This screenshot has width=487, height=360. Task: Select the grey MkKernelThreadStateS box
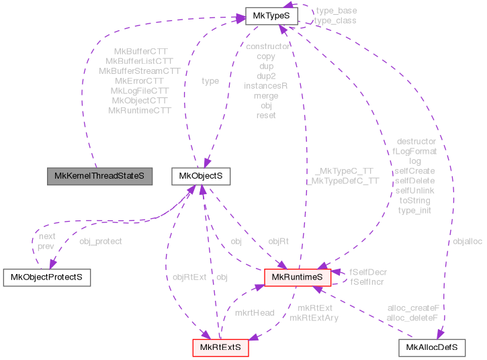point(99,177)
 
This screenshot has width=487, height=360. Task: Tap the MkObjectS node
point(202,177)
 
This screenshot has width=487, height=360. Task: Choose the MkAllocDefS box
point(432,347)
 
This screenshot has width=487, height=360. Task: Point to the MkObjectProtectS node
point(47,277)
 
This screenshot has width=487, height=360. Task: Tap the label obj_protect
point(101,241)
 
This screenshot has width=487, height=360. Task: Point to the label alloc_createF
point(413,308)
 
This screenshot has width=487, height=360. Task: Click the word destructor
point(416,142)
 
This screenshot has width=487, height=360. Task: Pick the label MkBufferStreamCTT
point(140,71)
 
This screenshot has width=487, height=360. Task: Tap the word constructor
point(267,46)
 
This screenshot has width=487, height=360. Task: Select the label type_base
point(336,11)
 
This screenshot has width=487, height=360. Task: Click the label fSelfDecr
point(368,272)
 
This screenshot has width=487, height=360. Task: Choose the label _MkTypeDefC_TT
point(343,181)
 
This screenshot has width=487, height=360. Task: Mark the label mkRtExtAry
point(314,318)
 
